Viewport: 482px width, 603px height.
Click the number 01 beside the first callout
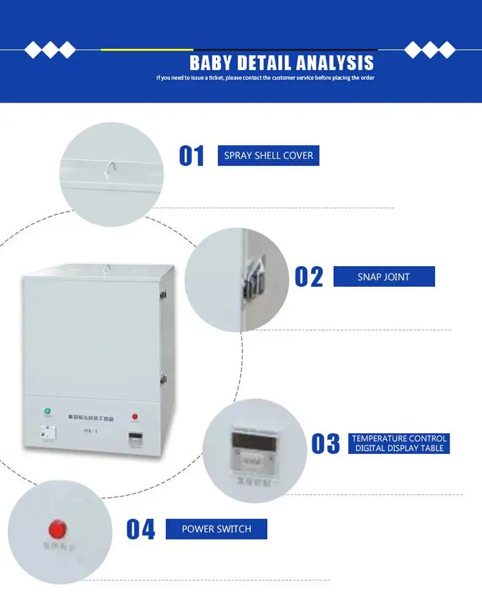pos(192,156)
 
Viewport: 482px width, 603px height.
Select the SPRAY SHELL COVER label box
pos(268,156)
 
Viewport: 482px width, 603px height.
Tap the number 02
pos(309,276)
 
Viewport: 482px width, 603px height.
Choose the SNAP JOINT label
pos(384,277)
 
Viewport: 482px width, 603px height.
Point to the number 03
pos(325,444)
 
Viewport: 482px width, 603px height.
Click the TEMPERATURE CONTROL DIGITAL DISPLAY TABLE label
pos(400,444)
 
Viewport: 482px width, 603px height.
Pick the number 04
pos(141,529)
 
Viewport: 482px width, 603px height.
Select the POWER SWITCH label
pos(216,529)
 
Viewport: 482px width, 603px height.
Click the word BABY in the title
pos(210,63)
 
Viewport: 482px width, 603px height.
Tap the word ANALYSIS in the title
pos(336,63)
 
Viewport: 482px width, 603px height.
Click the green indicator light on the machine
pos(47,411)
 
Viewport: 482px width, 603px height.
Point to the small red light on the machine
pos(135,417)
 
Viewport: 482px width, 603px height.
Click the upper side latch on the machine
pos(164,294)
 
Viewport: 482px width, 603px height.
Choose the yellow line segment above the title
pos(147,49)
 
